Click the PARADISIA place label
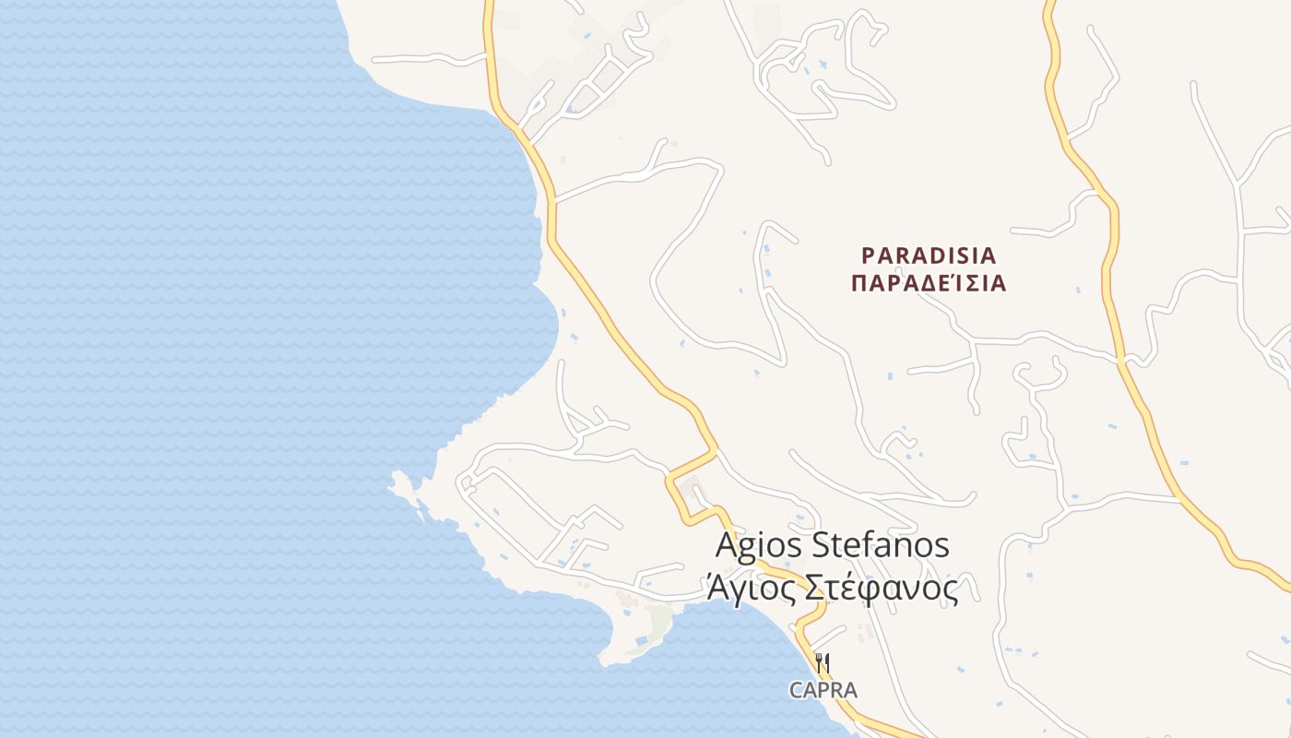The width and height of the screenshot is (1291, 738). coord(929,255)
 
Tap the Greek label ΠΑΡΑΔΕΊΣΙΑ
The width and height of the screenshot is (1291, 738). coord(929,283)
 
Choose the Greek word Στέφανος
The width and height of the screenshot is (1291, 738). coord(882,588)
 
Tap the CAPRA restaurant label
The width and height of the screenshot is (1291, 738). coord(823,690)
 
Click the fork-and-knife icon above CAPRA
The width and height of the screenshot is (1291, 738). coord(823,662)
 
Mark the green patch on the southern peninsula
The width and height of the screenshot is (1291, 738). coord(658,623)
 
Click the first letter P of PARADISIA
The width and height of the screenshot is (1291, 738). coord(868,255)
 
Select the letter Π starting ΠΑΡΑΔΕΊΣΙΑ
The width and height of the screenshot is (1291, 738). coord(859,283)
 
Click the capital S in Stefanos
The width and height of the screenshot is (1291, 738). coord(821,544)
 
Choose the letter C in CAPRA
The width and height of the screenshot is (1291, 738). coord(795,690)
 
